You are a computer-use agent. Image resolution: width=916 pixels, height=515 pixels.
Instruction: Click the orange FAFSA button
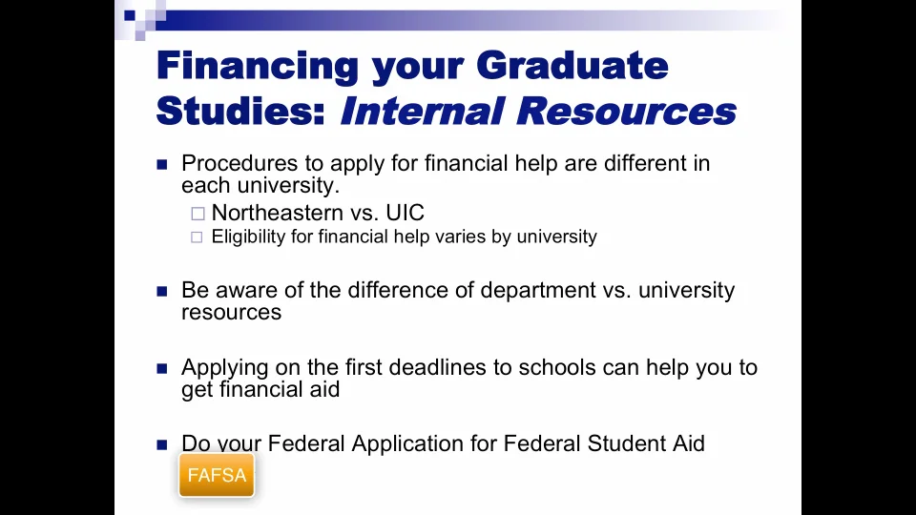click(217, 475)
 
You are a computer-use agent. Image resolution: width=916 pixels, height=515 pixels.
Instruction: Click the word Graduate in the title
click(572, 67)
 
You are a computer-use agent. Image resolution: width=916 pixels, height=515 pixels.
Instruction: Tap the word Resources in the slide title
click(626, 111)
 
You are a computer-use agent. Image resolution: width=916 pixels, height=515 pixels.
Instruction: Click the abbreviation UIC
click(405, 213)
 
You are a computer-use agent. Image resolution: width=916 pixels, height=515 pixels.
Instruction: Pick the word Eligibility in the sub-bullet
click(249, 237)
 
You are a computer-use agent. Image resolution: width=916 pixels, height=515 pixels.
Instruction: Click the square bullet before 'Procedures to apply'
click(162, 164)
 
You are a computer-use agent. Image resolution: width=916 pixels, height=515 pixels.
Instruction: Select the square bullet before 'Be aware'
click(162, 291)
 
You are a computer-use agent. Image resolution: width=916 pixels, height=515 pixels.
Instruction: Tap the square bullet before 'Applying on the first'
click(162, 368)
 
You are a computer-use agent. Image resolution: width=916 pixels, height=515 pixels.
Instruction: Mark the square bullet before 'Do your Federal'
click(162, 444)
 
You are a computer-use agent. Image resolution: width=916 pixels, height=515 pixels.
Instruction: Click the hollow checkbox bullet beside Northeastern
click(198, 214)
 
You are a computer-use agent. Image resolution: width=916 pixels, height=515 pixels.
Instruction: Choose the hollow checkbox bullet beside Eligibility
click(198, 237)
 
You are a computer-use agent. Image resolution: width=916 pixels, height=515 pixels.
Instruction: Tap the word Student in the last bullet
click(595, 443)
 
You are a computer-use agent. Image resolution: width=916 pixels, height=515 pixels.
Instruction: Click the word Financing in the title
click(257, 67)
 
